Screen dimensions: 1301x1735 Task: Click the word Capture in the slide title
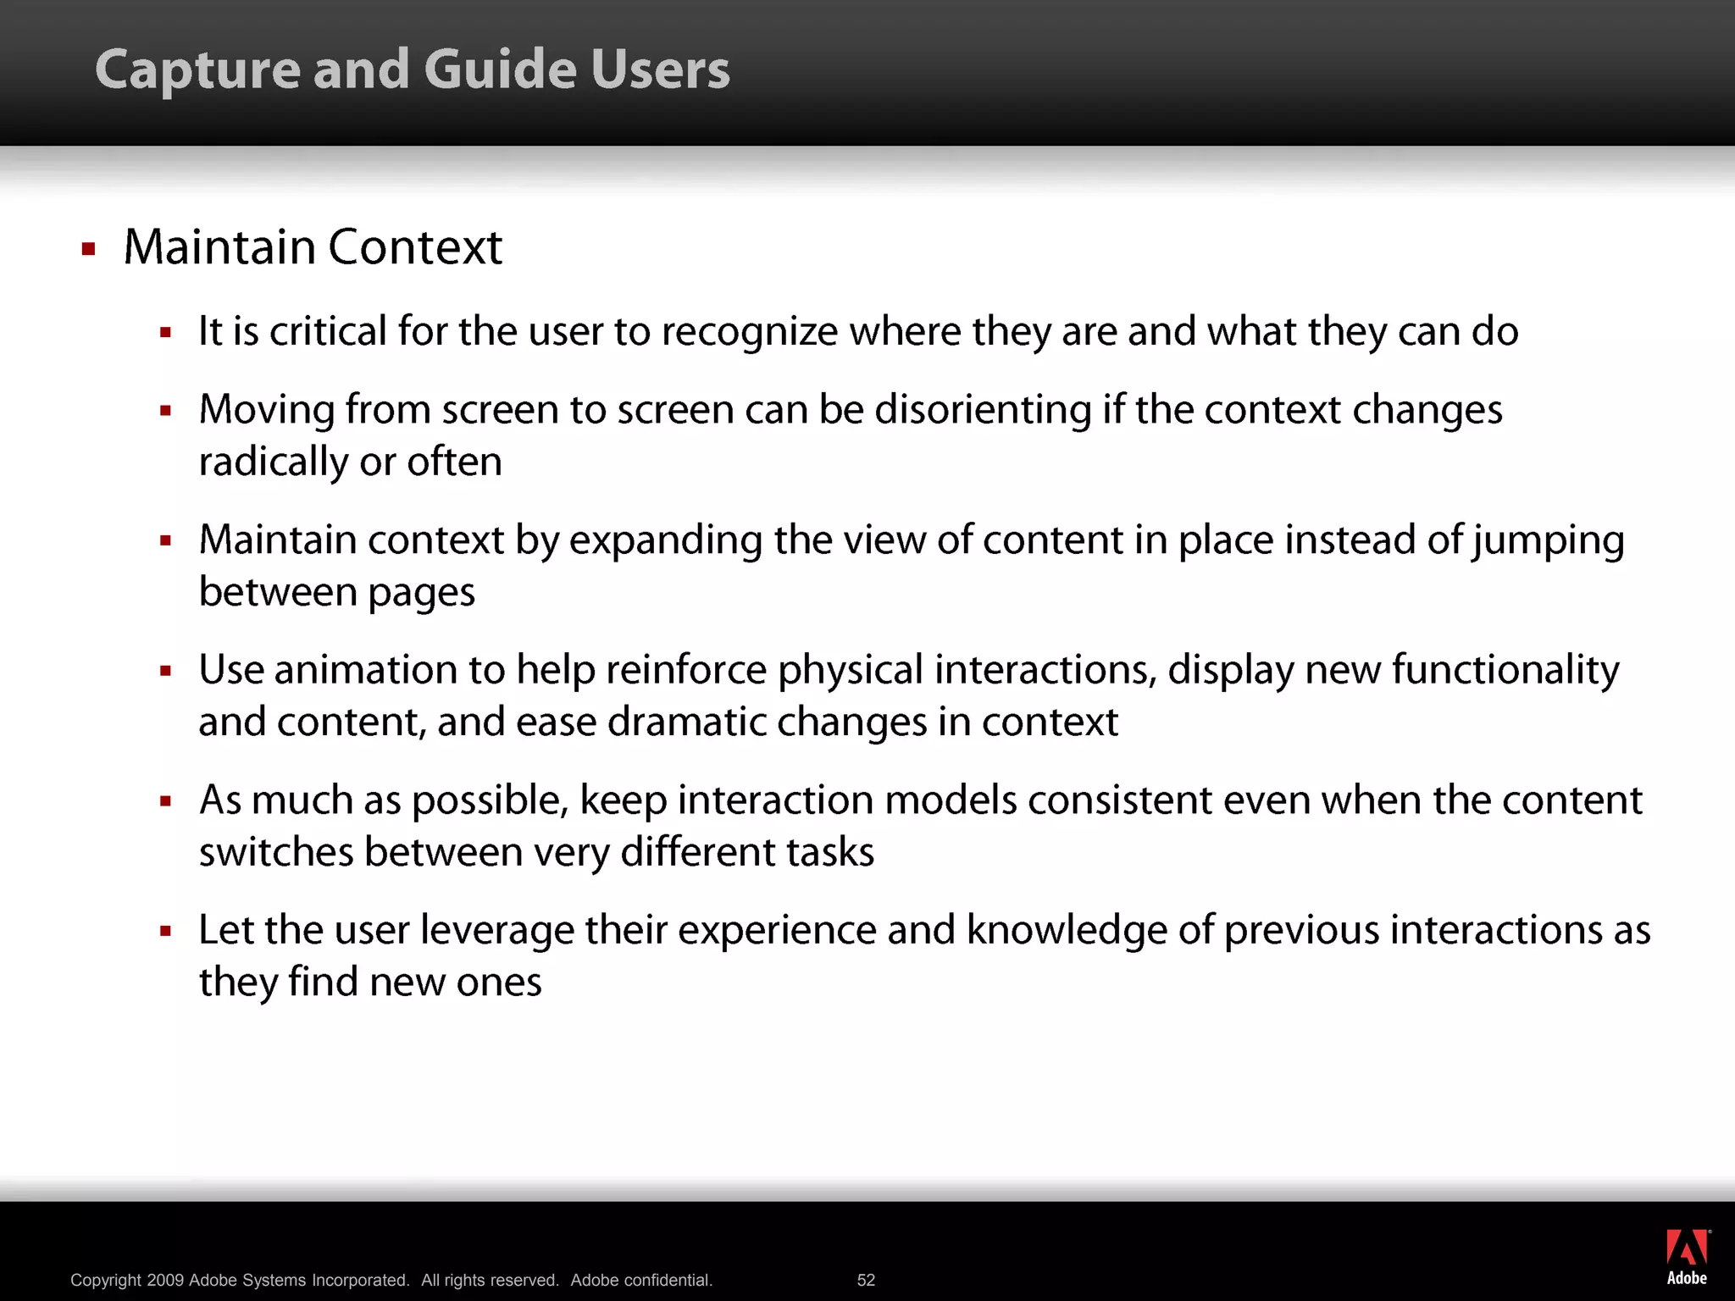click(197, 70)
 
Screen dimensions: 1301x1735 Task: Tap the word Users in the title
click(660, 70)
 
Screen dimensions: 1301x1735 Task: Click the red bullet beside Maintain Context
click(88, 249)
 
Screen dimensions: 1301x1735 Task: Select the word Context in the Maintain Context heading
click(415, 247)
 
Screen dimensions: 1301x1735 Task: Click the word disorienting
click(983, 411)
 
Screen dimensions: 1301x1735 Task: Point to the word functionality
click(1505, 671)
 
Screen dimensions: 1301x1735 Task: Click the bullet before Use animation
click(165, 672)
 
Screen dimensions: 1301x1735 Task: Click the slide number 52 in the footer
click(866, 1280)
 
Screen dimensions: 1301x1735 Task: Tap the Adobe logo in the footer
click(1687, 1257)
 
